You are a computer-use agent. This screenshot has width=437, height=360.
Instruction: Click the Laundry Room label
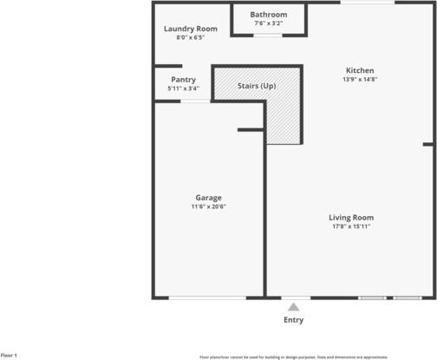click(191, 29)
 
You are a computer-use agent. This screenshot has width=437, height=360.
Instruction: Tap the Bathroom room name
click(268, 15)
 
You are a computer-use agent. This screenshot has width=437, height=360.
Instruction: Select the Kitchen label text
click(360, 70)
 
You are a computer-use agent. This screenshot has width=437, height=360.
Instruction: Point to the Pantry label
click(183, 79)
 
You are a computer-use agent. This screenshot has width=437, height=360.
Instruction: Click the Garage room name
click(208, 197)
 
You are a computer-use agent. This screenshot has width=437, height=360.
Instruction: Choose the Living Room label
click(350, 217)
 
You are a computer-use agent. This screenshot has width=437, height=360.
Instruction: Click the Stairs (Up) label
click(257, 87)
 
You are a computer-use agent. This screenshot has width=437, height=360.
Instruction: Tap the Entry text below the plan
click(294, 320)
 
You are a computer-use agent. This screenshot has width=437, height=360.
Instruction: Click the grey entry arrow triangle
click(294, 307)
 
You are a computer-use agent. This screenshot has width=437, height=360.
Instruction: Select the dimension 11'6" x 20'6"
click(209, 206)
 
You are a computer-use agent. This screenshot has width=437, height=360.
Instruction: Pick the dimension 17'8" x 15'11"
click(350, 226)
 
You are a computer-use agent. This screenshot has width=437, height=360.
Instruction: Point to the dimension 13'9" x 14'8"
click(360, 79)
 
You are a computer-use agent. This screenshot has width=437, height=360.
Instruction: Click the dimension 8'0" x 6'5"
click(191, 38)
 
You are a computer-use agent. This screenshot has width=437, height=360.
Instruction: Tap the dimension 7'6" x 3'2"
click(268, 23)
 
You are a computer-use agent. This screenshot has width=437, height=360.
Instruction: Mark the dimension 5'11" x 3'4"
click(183, 88)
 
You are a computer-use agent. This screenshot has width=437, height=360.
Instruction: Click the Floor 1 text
click(9, 356)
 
